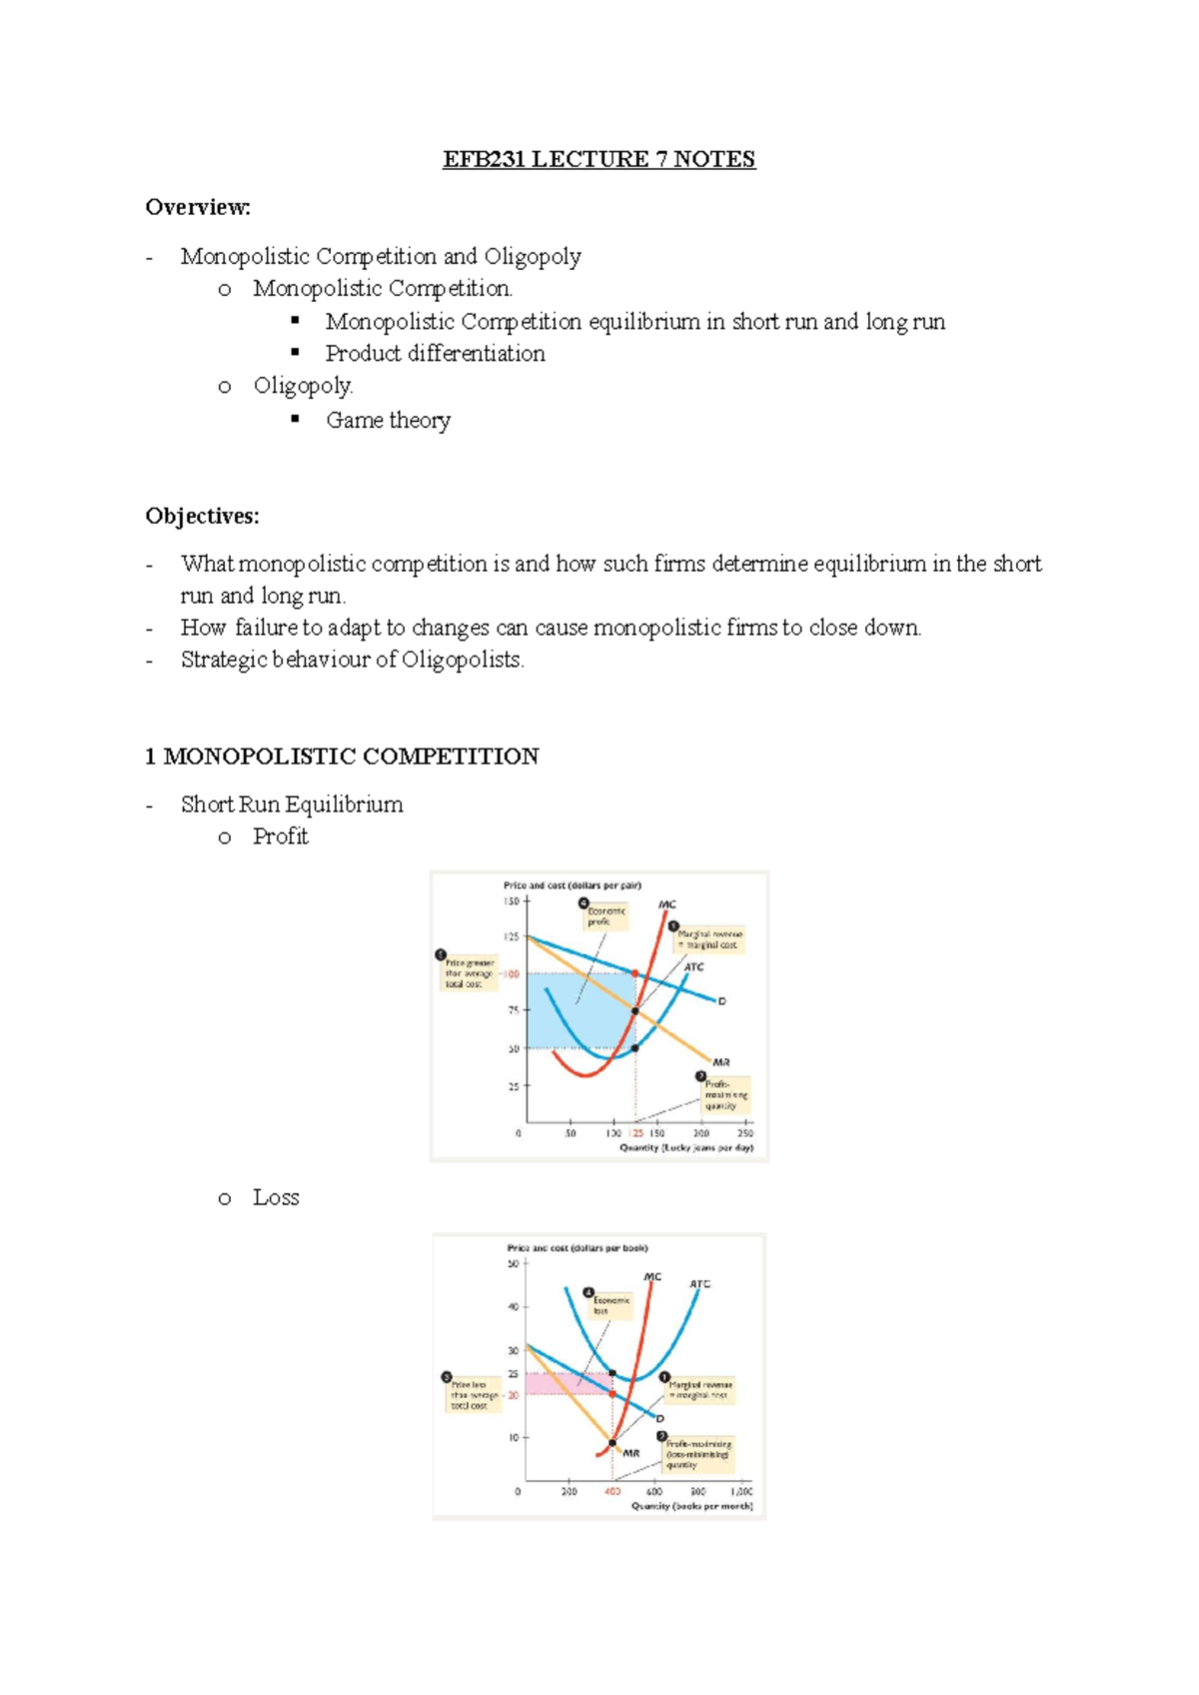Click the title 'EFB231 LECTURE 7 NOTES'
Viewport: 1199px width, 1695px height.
pyautogui.click(x=599, y=159)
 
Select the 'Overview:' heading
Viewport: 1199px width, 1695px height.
pyautogui.click(x=198, y=207)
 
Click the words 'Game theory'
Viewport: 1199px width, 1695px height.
pyautogui.click(x=388, y=420)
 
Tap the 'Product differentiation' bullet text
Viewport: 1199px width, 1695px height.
pyautogui.click(x=435, y=353)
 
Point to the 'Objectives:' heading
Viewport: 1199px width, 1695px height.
pyautogui.click(x=202, y=516)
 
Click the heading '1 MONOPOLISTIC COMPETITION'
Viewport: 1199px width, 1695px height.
pyautogui.click(x=342, y=756)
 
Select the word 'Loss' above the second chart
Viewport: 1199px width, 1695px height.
pyautogui.click(x=276, y=1197)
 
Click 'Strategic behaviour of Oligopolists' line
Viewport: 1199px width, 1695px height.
pyautogui.click(x=352, y=660)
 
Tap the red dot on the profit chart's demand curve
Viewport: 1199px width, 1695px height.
pyautogui.click(x=635, y=973)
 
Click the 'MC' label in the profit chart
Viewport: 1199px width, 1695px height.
pyautogui.click(x=666, y=904)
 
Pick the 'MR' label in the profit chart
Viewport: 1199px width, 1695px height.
pyautogui.click(x=720, y=1062)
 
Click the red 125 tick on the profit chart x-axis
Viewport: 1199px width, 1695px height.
pyautogui.click(x=636, y=1133)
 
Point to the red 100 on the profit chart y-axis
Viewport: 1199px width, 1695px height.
pyautogui.click(x=512, y=974)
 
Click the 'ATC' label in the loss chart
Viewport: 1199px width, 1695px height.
pyautogui.click(x=699, y=1284)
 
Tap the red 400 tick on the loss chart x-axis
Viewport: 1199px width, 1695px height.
pyautogui.click(x=612, y=1491)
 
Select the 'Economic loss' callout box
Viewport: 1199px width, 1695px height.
pyautogui.click(x=610, y=1305)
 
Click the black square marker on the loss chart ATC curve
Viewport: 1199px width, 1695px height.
pyautogui.click(x=612, y=1374)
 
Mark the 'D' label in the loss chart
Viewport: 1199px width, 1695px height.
pyautogui.click(x=660, y=1418)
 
